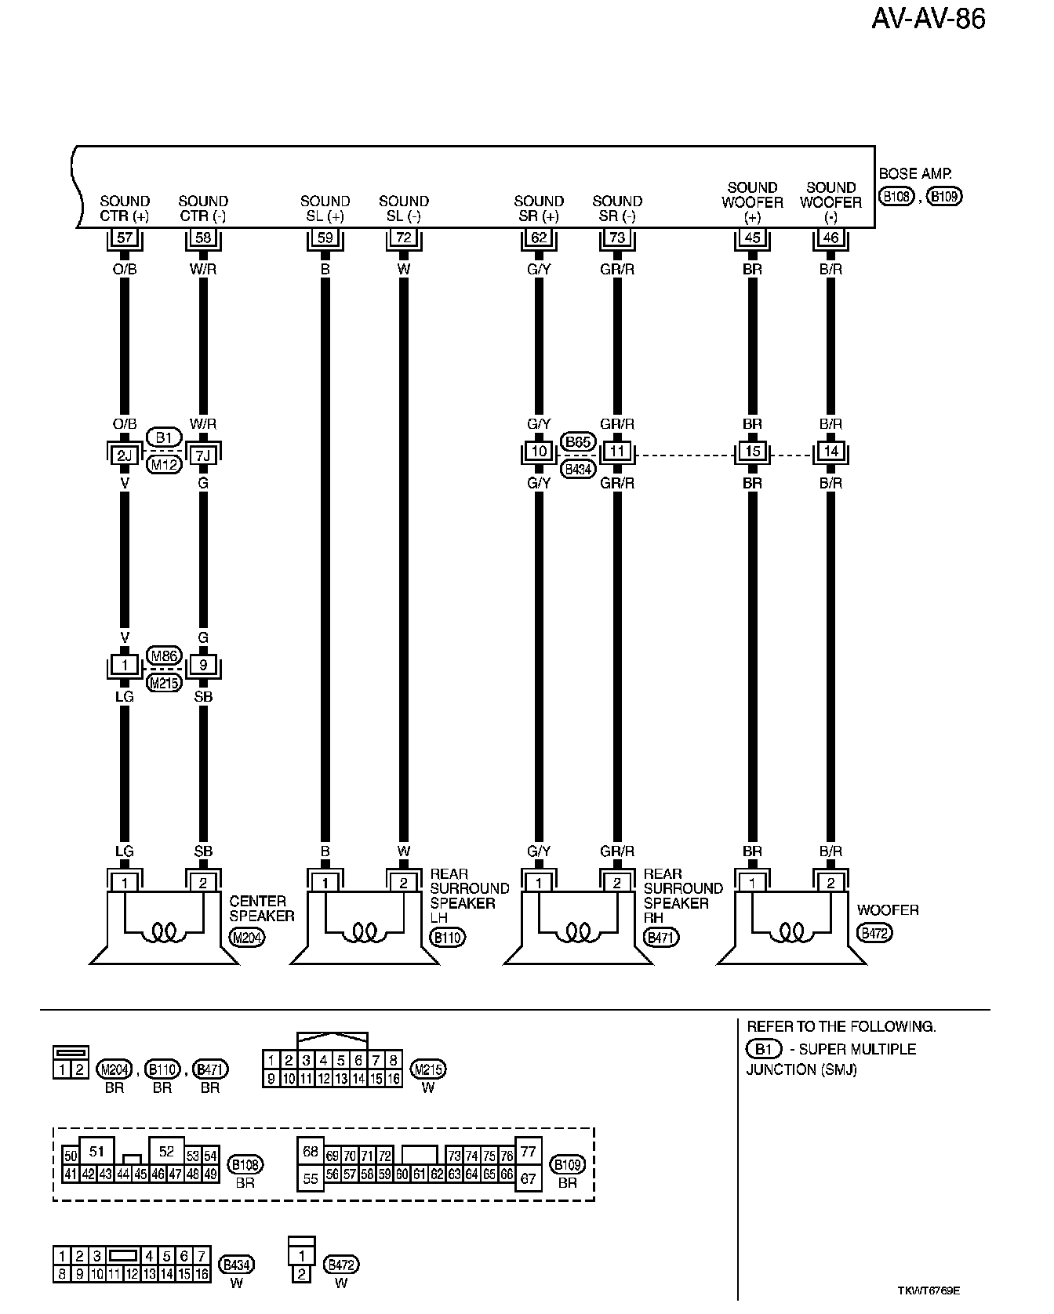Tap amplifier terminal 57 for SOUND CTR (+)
[x=125, y=237]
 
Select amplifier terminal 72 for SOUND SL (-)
[x=404, y=237]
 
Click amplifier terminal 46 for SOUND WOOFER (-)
[x=830, y=237]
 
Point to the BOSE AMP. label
[x=915, y=174]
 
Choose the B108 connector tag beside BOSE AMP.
[x=896, y=196]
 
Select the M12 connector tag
[x=164, y=465]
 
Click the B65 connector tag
[x=578, y=441]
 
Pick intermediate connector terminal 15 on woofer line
[x=752, y=452]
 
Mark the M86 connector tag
[x=164, y=656]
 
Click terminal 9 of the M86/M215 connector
[x=203, y=666]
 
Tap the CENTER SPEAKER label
[x=262, y=908]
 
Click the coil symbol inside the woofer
[x=791, y=932]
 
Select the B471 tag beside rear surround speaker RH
[x=660, y=937]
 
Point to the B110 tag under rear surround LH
[x=447, y=937]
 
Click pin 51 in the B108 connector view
[x=96, y=1151]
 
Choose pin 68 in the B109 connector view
[x=311, y=1151]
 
